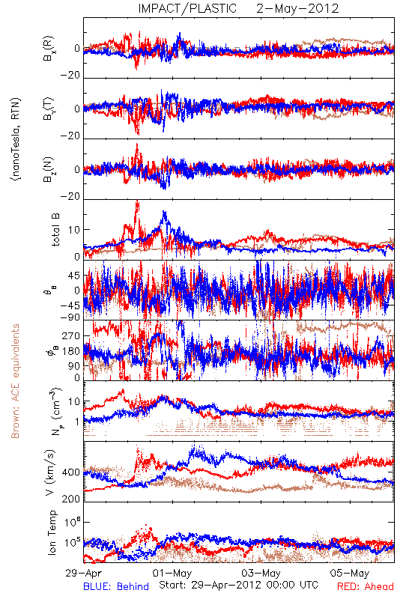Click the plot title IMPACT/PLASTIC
187,8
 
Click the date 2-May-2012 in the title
297,8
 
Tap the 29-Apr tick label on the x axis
84,573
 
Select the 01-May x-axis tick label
172,573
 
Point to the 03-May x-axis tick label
261,573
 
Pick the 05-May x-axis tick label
350,573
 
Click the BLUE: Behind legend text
116,586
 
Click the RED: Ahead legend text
366,586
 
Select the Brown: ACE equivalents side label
15,381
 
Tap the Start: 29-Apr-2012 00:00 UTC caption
238,585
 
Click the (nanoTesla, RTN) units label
16,139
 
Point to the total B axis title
55,230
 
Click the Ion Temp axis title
52,532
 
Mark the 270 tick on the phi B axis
71,336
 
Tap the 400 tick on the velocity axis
71,472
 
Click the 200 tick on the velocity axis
71,499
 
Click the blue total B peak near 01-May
165,213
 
